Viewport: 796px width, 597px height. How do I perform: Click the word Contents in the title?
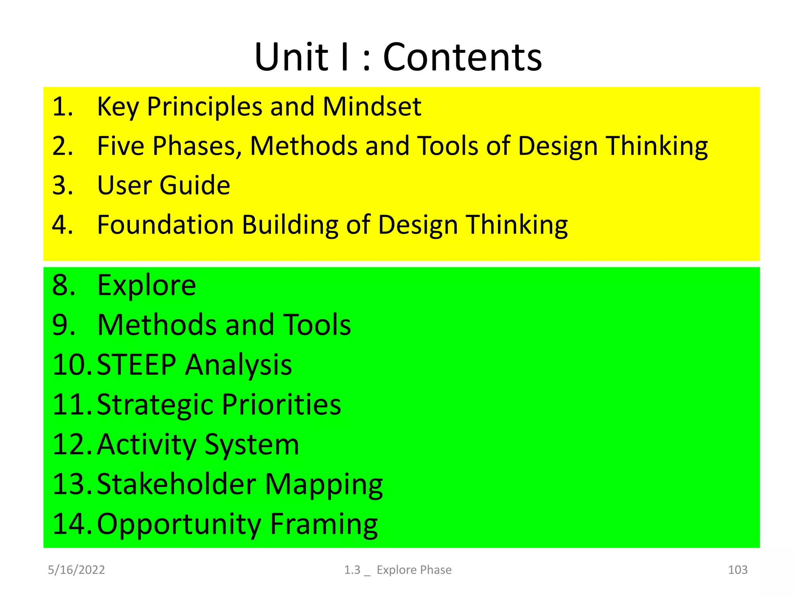463,58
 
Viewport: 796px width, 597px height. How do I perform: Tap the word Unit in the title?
292,58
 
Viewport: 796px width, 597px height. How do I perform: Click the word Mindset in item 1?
372,106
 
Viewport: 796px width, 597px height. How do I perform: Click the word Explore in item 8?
147,285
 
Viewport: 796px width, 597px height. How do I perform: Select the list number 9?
63,325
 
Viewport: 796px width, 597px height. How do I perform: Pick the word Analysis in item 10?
238,365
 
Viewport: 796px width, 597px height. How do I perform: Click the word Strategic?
155,405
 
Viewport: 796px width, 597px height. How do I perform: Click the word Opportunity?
179,525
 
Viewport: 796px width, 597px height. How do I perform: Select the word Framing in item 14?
324,525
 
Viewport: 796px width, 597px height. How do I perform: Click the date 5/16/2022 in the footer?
76,570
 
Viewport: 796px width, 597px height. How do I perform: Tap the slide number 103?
737,570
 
